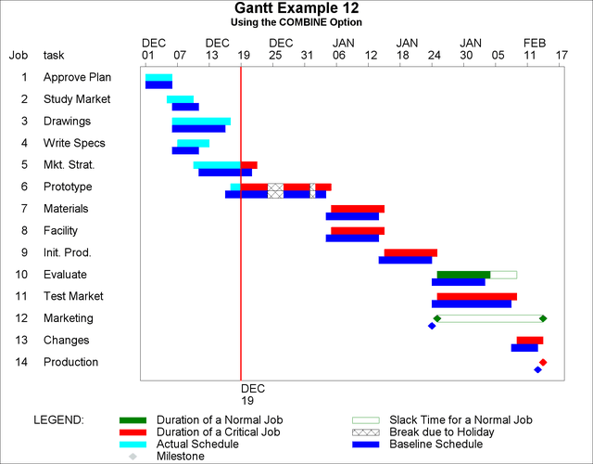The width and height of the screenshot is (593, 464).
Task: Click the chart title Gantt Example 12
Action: (296, 8)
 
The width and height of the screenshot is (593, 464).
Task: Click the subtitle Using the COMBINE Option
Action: (296, 22)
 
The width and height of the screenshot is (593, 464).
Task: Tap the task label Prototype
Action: (68, 187)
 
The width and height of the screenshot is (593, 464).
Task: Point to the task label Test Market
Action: (73, 296)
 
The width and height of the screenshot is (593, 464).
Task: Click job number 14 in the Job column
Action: (23, 362)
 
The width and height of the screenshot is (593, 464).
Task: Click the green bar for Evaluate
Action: (463, 275)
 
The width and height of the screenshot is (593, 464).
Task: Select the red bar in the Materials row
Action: (358, 209)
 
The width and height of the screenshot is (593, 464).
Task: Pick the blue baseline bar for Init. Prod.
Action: (405, 260)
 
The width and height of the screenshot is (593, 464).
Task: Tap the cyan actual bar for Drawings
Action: (201, 121)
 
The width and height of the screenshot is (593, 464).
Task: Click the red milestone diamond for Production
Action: (543, 362)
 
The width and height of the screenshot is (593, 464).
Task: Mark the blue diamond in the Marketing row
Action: (432, 326)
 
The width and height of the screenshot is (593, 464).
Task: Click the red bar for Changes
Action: (530, 341)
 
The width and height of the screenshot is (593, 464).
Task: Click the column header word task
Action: (55, 55)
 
